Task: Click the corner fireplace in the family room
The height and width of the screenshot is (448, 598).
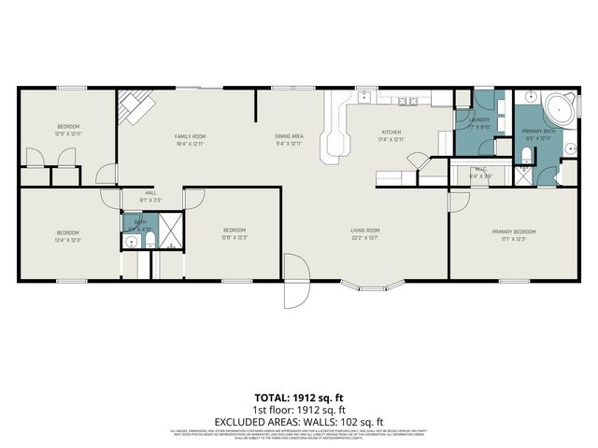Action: [134, 108]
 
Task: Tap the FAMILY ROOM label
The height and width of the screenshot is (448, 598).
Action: [190, 136]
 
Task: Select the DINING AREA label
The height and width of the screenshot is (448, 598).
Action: [289, 136]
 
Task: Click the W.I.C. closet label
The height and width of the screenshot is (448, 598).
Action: [480, 170]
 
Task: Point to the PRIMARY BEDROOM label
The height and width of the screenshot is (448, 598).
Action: [514, 231]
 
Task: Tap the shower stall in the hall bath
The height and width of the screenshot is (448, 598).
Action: [171, 229]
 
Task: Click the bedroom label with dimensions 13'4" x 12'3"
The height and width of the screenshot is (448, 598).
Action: [67, 232]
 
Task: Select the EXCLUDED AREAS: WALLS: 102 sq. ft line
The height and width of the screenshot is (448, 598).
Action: [298, 421]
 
